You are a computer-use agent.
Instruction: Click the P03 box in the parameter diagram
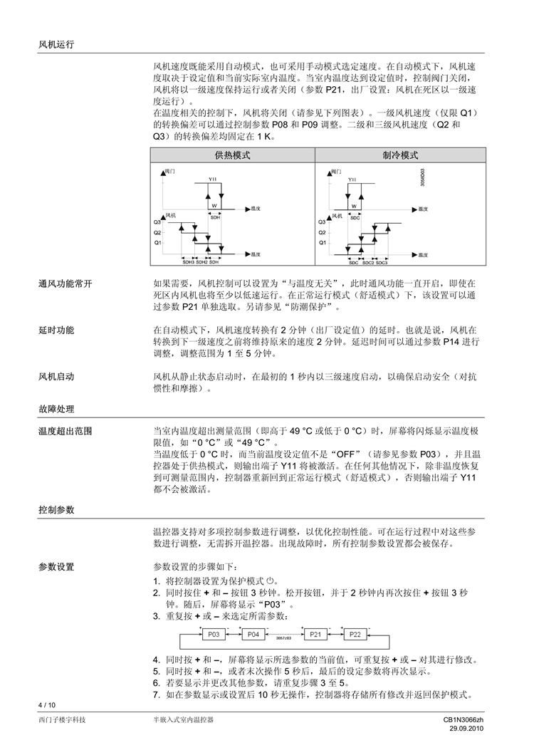(x=214, y=634)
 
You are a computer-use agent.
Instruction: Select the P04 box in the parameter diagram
(x=253, y=634)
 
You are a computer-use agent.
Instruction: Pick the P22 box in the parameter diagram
(x=355, y=634)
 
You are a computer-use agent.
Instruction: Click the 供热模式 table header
(x=232, y=155)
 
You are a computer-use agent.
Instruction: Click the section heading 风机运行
(x=56, y=44)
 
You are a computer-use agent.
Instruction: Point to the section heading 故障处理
(x=56, y=409)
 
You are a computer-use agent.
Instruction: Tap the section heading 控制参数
(x=56, y=510)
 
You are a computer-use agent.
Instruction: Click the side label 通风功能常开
(x=65, y=284)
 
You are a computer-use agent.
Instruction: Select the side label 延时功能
(x=56, y=330)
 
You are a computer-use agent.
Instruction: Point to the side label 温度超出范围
(x=65, y=431)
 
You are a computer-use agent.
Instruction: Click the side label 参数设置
(x=56, y=566)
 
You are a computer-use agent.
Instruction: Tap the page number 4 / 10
(x=46, y=704)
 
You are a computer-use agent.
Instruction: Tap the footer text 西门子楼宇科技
(x=63, y=720)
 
